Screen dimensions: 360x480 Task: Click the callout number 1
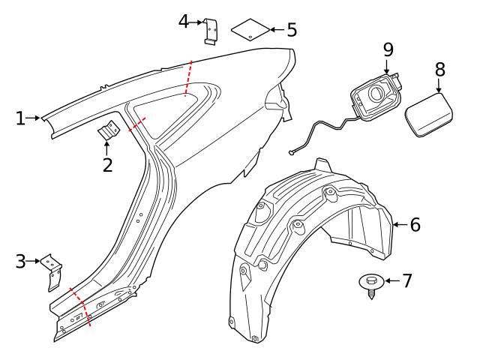(x=21, y=118)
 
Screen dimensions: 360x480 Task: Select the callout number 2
(x=107, y=165)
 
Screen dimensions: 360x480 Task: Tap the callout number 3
(x=21, y=262)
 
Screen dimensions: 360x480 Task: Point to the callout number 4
(x=184, y=21)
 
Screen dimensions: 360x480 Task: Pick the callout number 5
(x=291, y=30)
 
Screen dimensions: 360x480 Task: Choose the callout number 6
(x=415, y=224)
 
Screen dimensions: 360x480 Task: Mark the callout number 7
(x=407, y=281)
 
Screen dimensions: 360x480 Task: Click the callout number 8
(x=439, y=69)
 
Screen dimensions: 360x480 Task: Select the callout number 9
(x=388, y=49)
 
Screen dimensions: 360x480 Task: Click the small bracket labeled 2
(x=109, y=131)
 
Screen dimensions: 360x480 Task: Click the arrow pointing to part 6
(x=400, y=224)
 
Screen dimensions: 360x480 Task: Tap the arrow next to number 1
(x=35, y=118)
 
